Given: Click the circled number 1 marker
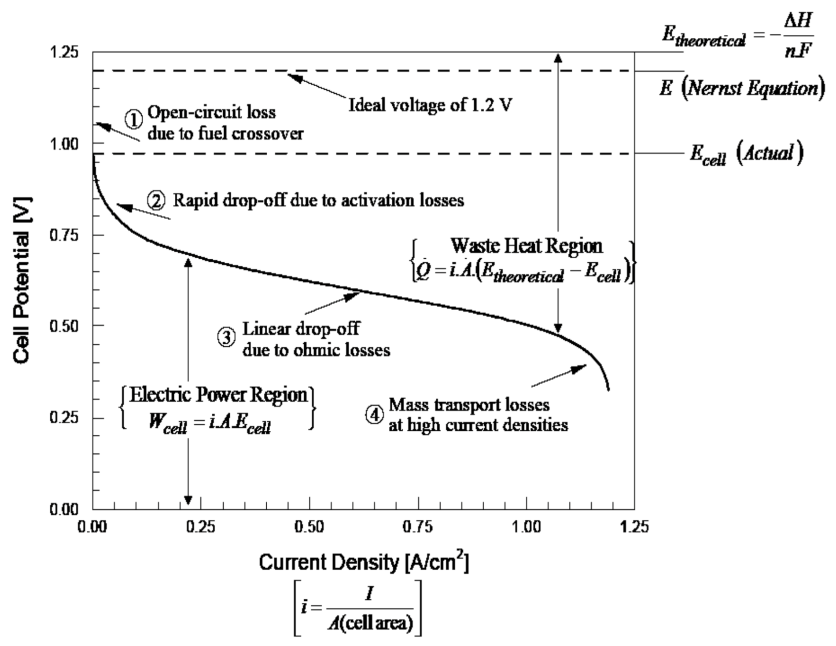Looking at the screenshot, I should click(133, 119).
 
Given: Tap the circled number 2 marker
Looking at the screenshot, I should click(156, 201).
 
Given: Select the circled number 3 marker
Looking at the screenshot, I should click(227, 338).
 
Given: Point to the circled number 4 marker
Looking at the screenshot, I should click(375, 415).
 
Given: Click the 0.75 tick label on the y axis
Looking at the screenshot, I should click(64, 235).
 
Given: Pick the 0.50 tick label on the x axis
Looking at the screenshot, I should click(309, 527).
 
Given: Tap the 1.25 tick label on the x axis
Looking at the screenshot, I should click(634, 527).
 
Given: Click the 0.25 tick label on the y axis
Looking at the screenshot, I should click(64, 417).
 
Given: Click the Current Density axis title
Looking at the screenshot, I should click(364, 562).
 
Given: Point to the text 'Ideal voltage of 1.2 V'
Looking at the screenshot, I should click(430, 105).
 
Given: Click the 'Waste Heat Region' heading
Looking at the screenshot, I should click(527, 246).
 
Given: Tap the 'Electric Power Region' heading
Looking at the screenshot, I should click(218, 395).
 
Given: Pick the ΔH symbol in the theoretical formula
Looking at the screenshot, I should click(798, 21).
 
